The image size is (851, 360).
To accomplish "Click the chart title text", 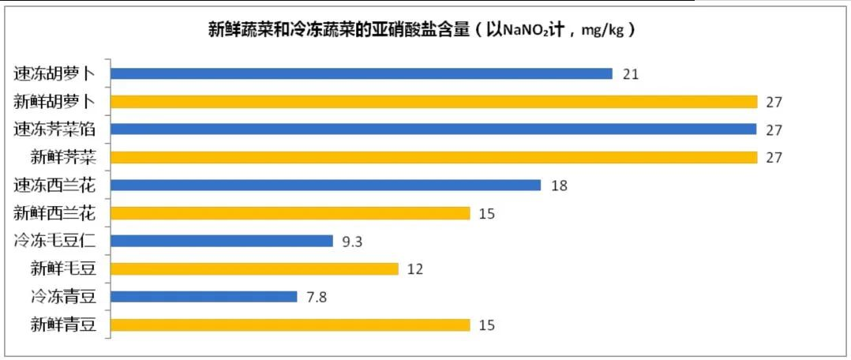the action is pos(422,30).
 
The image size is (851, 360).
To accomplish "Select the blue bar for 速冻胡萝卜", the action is pos(362,73).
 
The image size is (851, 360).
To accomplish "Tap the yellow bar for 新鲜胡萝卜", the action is pos(434,102).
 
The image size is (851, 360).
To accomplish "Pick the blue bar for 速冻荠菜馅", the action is pos(433,129).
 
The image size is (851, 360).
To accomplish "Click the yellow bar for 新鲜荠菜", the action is pos(434,157).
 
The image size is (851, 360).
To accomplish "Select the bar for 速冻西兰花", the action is pos(325,186).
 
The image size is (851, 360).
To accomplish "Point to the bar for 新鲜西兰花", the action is pos(291,213).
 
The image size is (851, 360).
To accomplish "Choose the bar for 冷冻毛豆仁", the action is pos(222,241).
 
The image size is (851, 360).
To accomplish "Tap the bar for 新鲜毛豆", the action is pos(254,268).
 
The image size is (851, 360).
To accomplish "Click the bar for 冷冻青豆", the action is pos(204,297).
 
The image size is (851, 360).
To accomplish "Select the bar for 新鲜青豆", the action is pos(291,324).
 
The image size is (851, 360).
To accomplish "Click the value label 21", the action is pos(631,74).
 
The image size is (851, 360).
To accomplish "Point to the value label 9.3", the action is pos(352,242).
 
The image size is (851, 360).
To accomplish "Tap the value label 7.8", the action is pos(317,298).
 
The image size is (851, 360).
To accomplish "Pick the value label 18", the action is pos(559,186).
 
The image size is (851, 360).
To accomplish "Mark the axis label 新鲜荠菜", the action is pos(63,157).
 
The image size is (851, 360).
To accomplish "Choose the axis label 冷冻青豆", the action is pos(63,297).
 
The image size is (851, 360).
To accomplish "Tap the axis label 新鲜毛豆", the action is pos(63,268).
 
